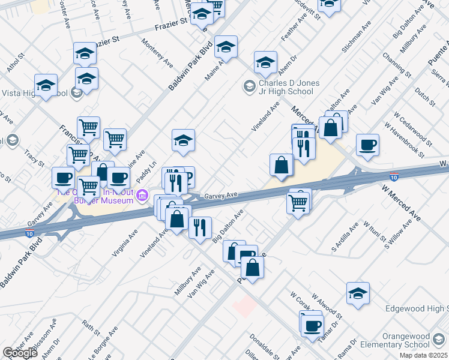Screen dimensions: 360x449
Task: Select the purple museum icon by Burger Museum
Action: point(142,196)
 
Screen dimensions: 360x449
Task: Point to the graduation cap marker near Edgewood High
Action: point(358,294)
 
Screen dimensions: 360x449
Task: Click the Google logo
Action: point(20,353)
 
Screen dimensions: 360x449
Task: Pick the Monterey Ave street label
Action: point(157,53)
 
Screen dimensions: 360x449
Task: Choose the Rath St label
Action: point(91,329)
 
